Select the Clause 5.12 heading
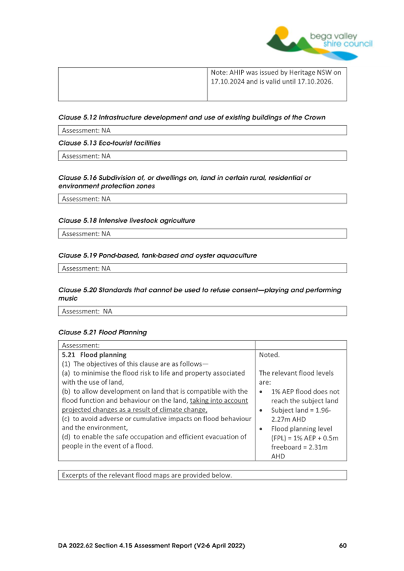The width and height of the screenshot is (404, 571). [192, 117]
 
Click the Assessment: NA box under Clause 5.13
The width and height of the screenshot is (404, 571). [202, 156]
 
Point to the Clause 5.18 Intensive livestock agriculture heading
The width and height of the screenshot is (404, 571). [126, 220]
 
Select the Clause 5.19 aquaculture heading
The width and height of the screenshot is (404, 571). [157, 255]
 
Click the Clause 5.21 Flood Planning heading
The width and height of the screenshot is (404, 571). [102, 331]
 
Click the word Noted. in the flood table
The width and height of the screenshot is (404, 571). [269, 355]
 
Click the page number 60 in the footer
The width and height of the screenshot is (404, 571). [342, 546]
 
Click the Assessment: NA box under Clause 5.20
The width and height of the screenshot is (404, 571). [202, 311]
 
